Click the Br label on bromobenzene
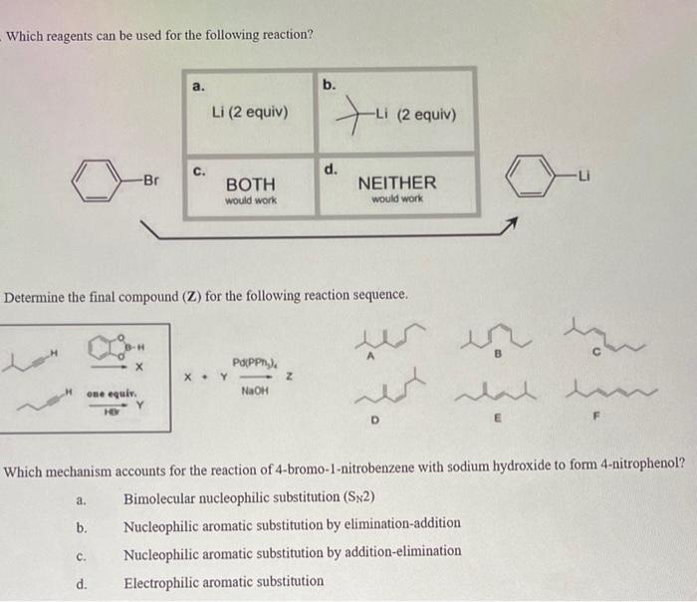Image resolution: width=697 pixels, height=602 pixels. [x=150, y=180]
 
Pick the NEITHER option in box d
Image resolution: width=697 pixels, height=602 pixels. [x=396, y=182]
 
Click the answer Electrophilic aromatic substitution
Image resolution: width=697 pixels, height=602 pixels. [x=224, y=580]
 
